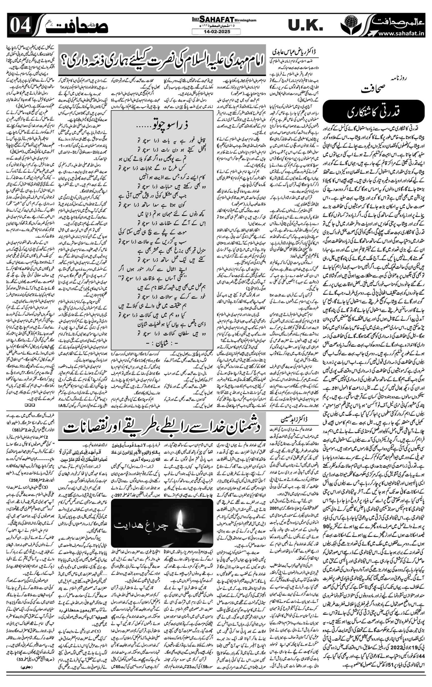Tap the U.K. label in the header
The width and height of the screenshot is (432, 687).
(x=305, y=26)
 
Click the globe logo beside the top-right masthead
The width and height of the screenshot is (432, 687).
(x=351, y=25)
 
